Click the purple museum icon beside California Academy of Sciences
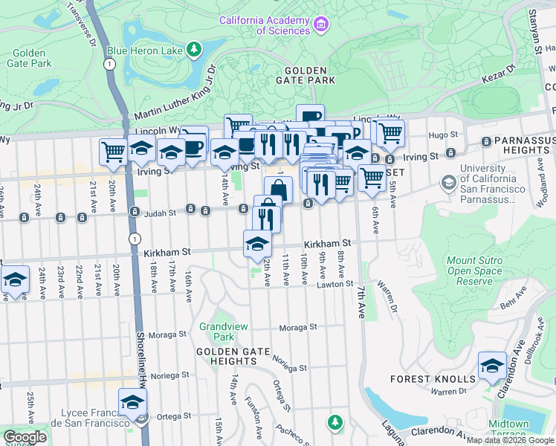click(321, 25)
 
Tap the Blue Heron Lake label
click(146, 51)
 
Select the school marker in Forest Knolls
click(492, 366)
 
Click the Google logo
click(25, 437)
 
